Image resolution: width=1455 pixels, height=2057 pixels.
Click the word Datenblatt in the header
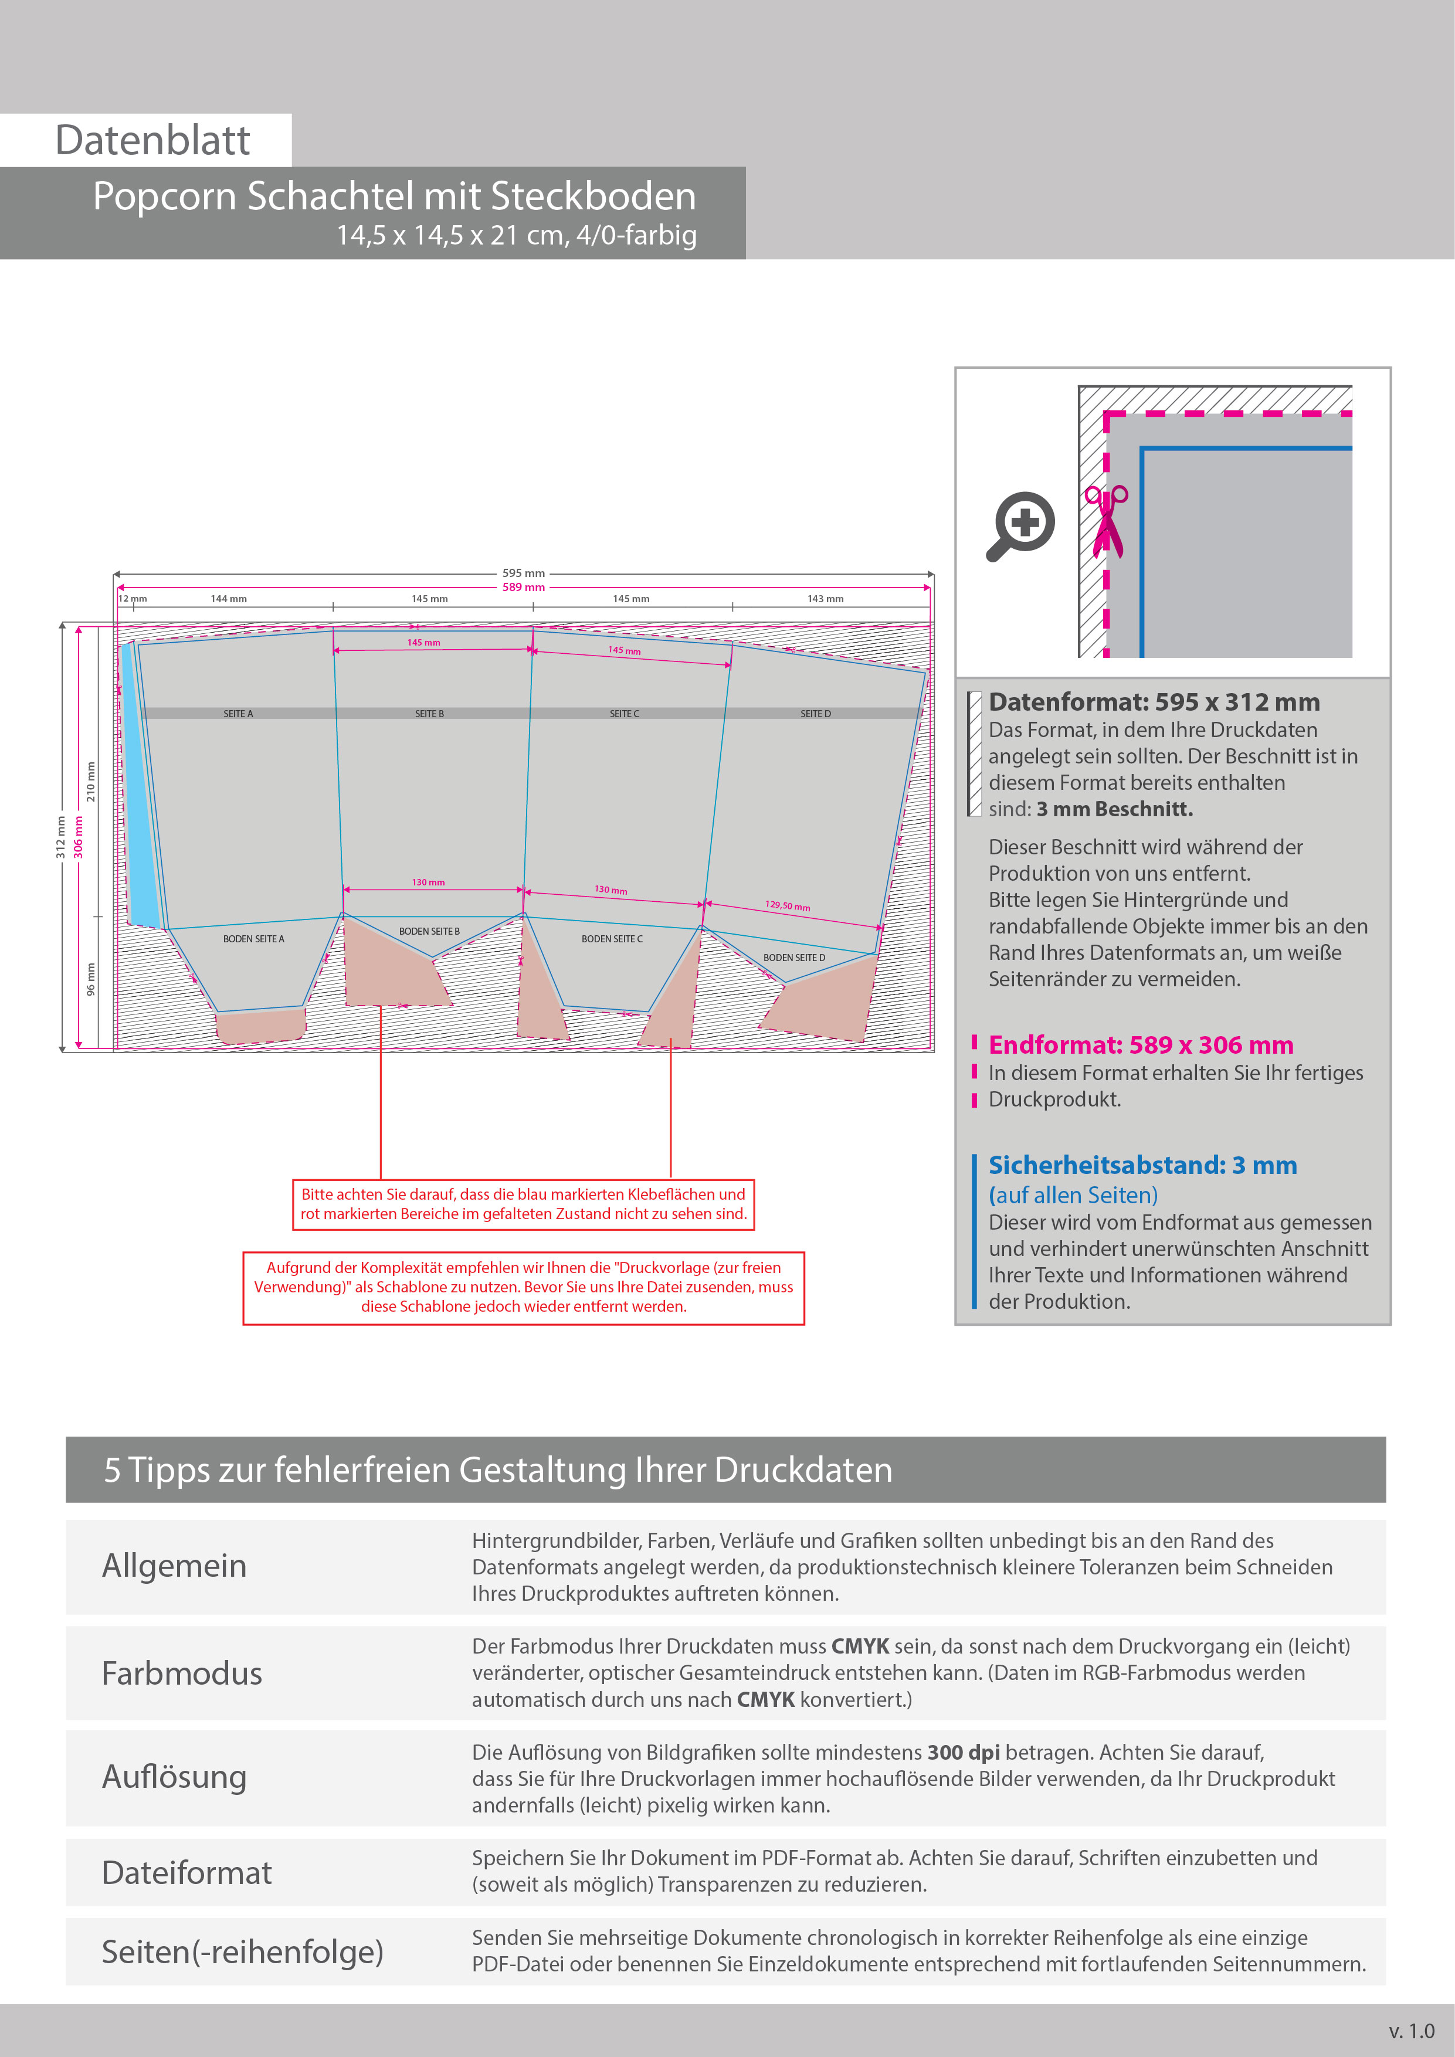(152, 141)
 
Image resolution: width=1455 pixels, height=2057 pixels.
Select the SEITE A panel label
(238, 714)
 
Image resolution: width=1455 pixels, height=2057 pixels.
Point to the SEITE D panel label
(815, 714)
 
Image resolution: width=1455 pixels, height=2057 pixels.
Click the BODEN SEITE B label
(429, 932)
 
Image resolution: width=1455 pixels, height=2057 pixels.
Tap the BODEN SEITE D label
(794, 958)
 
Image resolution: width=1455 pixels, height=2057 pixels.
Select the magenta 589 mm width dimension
(523, 588)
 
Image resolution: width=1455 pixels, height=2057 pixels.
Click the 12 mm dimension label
(133, 599)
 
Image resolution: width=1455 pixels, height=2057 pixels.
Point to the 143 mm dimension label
(825, 599)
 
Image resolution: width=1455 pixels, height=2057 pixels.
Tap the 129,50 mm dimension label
(788, 906)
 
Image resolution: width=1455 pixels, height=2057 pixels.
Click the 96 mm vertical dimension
(90, 979)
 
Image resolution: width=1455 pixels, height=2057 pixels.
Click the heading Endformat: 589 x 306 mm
(1141, 1046)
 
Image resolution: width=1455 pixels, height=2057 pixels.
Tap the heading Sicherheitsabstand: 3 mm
(1142, 1166)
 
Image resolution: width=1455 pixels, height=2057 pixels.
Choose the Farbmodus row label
(182, 1674)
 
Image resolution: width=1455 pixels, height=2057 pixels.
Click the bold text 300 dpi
(963, 1753)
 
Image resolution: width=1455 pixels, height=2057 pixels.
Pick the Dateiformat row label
(186, 1872)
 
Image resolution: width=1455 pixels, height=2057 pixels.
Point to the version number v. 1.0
(1411, 2030)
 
